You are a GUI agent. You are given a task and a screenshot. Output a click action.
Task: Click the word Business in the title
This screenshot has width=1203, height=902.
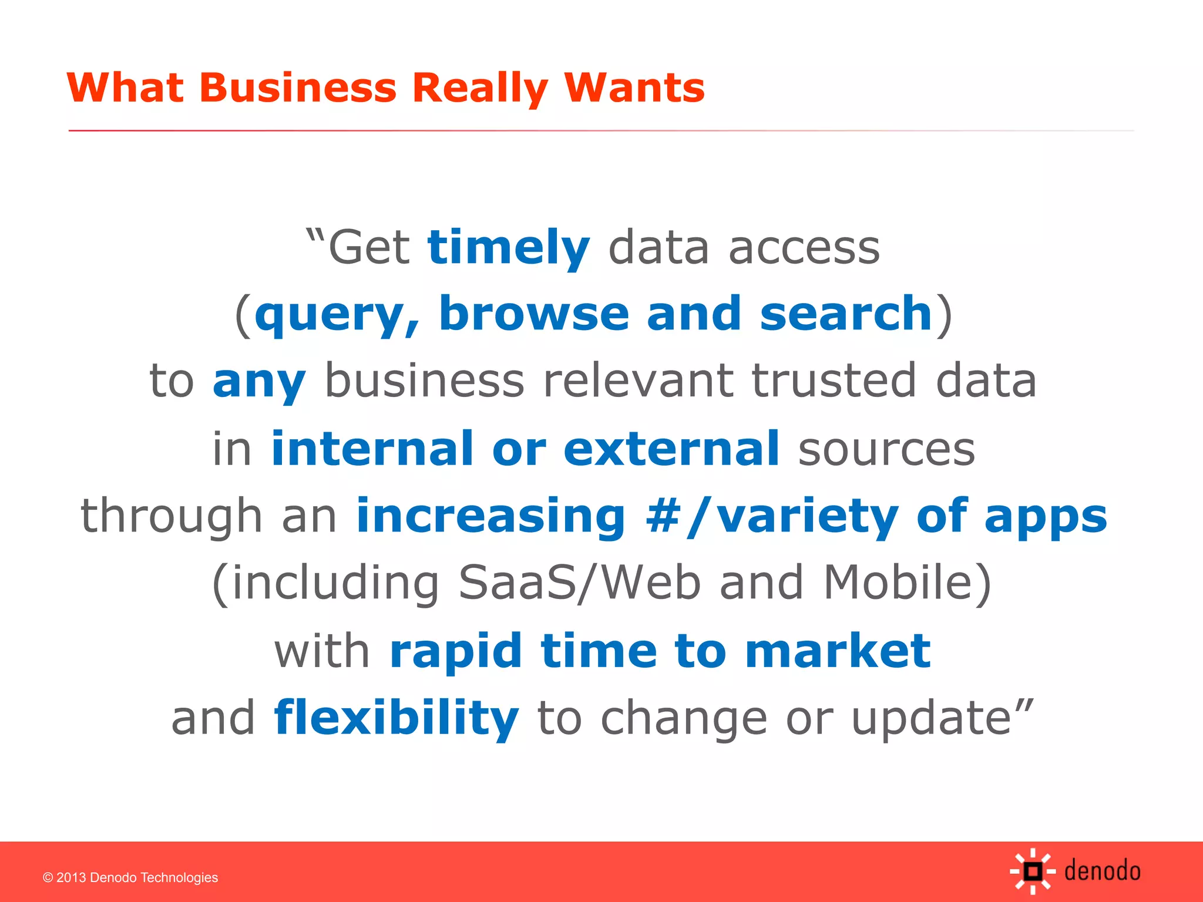pyautogui.click(x=298, y=88)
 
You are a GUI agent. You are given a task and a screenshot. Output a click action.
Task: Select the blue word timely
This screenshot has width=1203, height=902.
pyautogui.click(x=509, y=248)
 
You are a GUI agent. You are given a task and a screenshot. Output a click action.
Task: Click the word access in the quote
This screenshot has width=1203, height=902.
pyautogui.click(x=804, y=248)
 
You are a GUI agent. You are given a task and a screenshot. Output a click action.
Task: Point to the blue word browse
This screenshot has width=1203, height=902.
pyautogui.click(x=534, y=314)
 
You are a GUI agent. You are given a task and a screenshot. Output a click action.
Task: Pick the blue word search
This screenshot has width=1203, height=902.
pyautogui.click(x=846, y=314)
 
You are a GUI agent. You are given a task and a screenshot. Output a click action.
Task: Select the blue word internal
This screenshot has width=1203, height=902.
pyautogui.click(x=372, y=449)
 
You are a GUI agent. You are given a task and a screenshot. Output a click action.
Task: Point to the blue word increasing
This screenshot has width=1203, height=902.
pyautogui.click(x=491, y=516)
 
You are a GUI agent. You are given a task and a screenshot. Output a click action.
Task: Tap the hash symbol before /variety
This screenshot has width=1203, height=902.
pyautogui.click(x=664, y=516)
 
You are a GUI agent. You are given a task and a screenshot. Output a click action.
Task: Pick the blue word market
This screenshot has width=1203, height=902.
pyautogui.click(x=838, y=651)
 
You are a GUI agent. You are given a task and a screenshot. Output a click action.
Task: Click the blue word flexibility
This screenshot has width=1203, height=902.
pyautogui.click(x=396, y=718)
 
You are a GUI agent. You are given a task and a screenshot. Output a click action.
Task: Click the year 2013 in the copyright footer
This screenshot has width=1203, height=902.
pyautogui.click(x=71, y=878)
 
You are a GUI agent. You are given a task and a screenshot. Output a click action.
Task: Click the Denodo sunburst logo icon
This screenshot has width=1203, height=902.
pyautogui.click(x=1032, y=871)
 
